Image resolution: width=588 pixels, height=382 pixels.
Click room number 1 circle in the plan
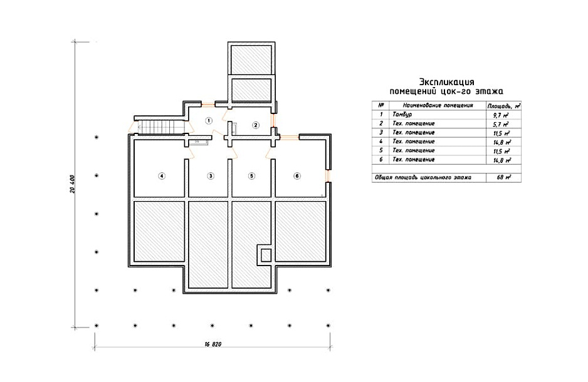pos(209,121)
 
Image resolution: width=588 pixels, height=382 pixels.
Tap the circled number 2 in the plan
pos(255,125)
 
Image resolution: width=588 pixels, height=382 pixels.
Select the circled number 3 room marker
pos(211,176)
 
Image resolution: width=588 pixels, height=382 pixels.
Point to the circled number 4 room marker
pos(162,176)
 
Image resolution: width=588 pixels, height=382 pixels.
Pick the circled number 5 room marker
pos(251,176)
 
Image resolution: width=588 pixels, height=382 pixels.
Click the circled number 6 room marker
pos(297,176)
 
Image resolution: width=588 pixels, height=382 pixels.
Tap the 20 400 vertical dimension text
pos(72,184)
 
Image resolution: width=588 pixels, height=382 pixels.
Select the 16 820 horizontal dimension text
pos(213,344)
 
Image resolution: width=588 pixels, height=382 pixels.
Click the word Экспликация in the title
pos(446,82)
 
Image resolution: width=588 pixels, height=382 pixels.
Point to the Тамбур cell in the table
pos(402,115)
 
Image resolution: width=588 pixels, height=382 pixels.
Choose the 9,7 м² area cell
pos(501,115)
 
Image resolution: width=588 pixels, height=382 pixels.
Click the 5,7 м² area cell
pos(501,125)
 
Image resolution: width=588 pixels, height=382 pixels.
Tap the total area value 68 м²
pos(503,177)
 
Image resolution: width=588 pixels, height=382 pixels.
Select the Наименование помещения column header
pos(438,106)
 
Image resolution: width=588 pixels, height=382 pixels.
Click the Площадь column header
pos(504,106)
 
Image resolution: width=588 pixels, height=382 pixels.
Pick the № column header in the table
pos(381,105)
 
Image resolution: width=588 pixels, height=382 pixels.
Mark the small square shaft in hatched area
pos(266,255)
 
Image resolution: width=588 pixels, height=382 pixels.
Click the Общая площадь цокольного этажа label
pos(423,177)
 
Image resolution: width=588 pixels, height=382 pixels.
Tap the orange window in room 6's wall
pos(328,175)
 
